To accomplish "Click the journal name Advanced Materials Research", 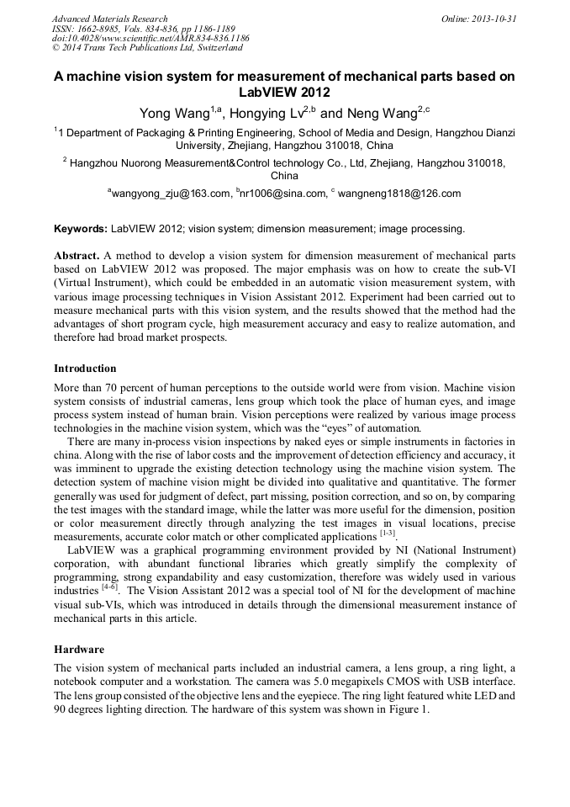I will pyautogui.click(x=109, y=19).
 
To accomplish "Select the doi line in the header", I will pyautogui.click(x=150, y=38).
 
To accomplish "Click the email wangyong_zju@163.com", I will pyautogui.click(x=172, y=194).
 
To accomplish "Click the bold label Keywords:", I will pyautogui.click(x=81, y=228).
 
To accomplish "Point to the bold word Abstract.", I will pyautogui.click(x=77, y=254).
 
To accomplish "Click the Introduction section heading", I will pyautogui.click(x=85, y=369).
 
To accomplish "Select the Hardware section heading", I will pyautogui.click(x=79, y=650).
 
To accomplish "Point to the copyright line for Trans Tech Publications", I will pyautogui.click(x=147, y=48).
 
